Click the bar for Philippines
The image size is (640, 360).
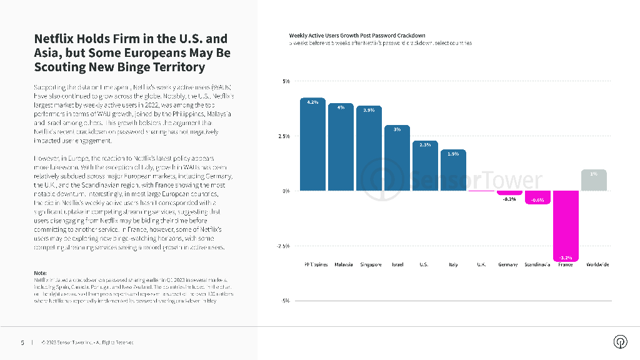point(313,145)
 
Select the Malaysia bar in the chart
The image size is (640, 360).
point(341,147)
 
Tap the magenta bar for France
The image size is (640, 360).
point(565,225)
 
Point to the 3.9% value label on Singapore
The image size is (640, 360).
point(369,110)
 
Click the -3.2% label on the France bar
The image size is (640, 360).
point(565,257)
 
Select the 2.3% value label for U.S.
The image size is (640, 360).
point(425,145)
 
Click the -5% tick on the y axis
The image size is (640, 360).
point(285,301)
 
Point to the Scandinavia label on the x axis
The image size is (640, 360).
point(537,265)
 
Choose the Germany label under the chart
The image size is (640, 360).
point(507,265)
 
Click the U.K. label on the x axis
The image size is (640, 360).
point(481,265)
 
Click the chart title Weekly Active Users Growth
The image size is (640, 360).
point(357,36)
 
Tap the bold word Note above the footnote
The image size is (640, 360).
point(41,273)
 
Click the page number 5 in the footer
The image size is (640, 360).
point(22,342)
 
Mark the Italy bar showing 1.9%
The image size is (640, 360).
point(453,170)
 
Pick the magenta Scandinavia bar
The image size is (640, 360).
point(537,197)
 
